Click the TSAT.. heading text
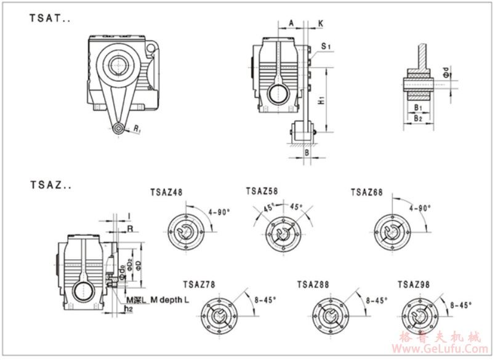[50, 18]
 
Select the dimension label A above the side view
[290, 23]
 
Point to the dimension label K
[321, 23]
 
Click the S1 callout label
[326, 46]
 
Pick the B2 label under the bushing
[417, 117]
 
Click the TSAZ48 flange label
[166, 192]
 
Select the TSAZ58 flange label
[262, 191]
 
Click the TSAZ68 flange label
[367, 192]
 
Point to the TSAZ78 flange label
[199, 284]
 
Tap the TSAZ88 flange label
[313, 284]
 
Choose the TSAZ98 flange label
[414, 284]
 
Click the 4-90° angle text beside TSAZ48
[219, 211]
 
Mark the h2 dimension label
[128, 308]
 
